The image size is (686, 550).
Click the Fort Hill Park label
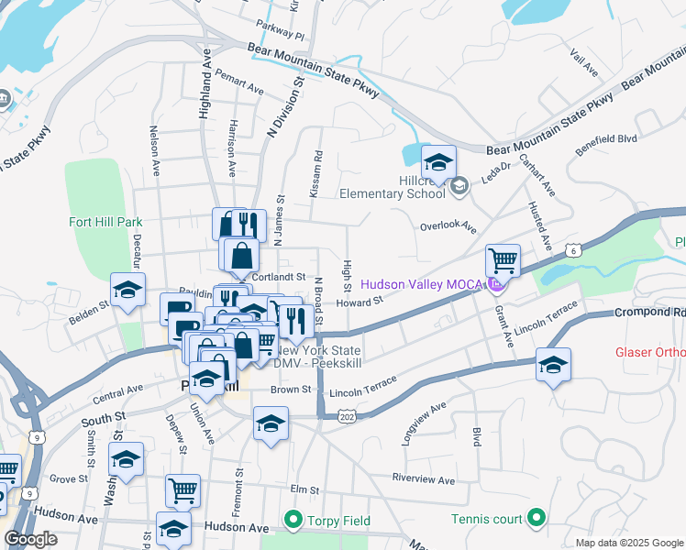click(x=102, y=222)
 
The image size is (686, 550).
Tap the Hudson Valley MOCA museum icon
click(x=496, y=285)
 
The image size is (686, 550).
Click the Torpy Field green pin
click(x=293, y=521)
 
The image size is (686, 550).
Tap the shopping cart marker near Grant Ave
click(x=503, y=261)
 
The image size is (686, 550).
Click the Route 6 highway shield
click(x=573, y=249)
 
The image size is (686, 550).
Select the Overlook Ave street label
click(x=448, y=225)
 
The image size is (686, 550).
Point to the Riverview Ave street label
click(x=423, y=480)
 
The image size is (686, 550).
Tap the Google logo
click(x=30, y=539)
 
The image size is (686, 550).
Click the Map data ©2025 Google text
click(x=628, y=543)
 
